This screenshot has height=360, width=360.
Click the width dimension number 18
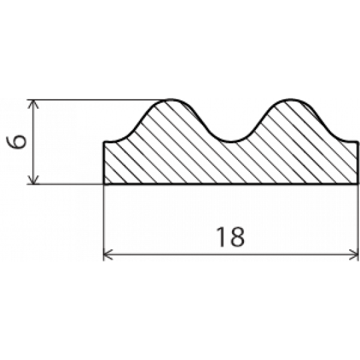tap(231, 237)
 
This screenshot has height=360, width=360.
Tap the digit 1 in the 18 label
tap(221, 237)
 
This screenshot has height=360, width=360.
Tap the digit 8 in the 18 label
tap(237, 237)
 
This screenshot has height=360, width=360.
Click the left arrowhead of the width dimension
tap(108, 255)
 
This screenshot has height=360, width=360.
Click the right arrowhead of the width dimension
tap(353, 255)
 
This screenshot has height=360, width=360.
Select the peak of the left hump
tap(171, 99)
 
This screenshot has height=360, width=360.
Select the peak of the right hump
tap(291, 99)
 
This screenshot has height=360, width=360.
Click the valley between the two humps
tap(231, 142)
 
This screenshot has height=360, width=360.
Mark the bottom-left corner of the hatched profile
tap(104, 184)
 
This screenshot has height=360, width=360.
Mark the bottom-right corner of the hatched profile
tap(357, 184)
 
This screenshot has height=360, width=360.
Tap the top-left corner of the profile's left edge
tap(104, 143)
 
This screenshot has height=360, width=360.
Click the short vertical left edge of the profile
tap(104, 163)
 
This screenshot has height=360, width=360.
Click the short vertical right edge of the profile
tap(357, 163)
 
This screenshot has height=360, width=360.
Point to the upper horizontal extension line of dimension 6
tap(99, 100)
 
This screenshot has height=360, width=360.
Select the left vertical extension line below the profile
tap(104, 223)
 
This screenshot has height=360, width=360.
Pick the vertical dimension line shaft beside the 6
tap(33, 142)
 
